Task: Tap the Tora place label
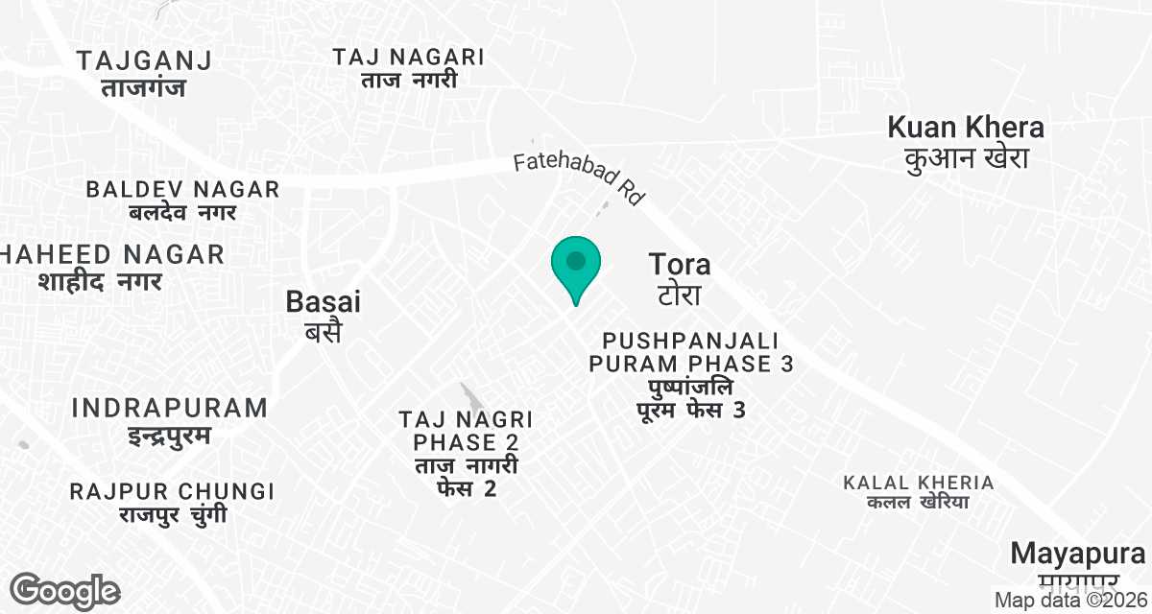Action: [680, 264]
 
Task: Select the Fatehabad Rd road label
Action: [578, 177]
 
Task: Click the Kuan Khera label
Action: [966, 127]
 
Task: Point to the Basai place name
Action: [324, 302]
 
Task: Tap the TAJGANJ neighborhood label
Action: [144, 61]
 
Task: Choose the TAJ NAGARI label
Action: [409, 57]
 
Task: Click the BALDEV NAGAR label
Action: [182, 189]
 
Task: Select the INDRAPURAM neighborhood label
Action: [170, 408]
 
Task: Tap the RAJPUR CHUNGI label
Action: [172, 491]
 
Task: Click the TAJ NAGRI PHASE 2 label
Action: [467, 431]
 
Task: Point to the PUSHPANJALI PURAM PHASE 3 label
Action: [690, 352]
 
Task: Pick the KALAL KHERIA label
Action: [919, 482]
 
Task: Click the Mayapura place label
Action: [1078, 554]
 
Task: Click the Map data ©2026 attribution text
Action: [1071, 601]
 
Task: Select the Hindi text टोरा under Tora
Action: [679, 294]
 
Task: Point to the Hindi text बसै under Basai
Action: [324, 332]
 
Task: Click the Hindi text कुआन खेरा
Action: [966, 158]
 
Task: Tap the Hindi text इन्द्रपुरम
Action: [170, 437]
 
